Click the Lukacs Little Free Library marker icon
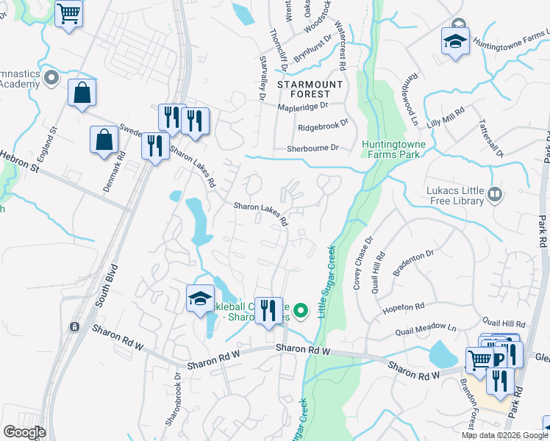pos(495,195)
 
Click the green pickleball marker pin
pos(300,312)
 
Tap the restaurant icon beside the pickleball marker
pos(268,309)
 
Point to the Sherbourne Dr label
pos(312,148)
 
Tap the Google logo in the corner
pos(24,432)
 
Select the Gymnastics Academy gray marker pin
pos(51,77)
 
